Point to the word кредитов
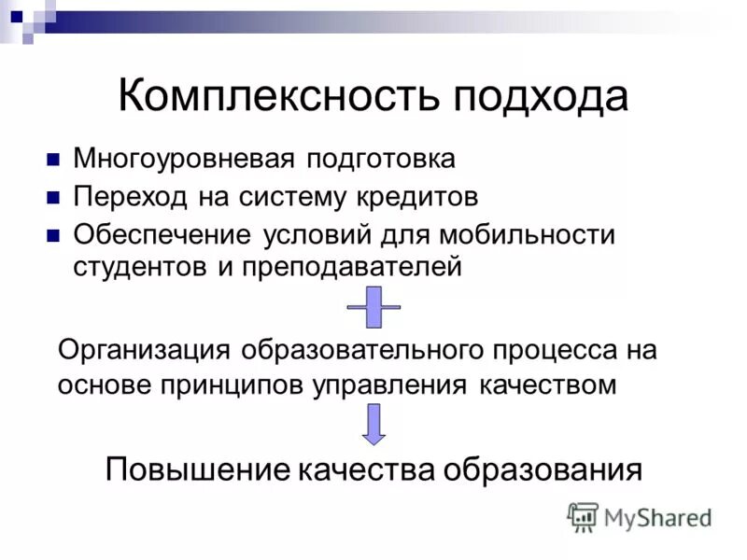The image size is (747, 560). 417,197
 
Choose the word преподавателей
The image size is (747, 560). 351,267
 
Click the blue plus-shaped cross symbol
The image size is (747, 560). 373,307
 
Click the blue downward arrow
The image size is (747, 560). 373,425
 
